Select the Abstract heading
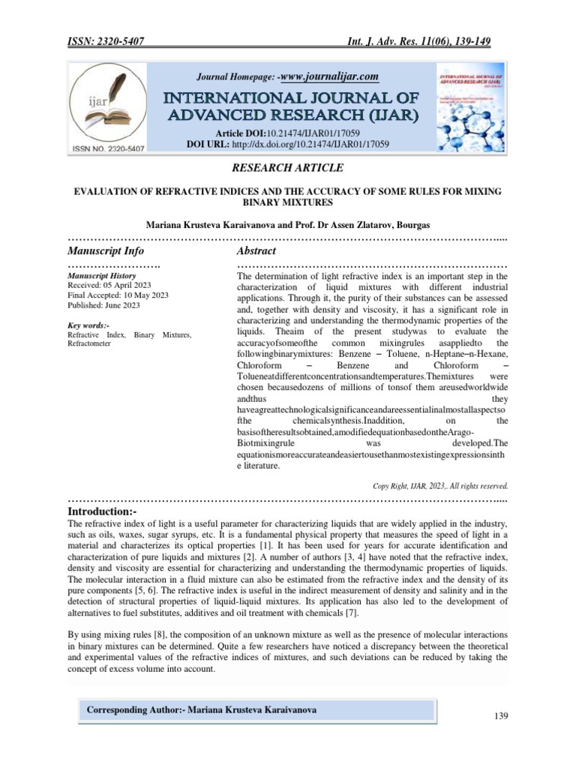click(256, 250)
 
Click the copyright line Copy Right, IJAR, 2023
click(440, 485)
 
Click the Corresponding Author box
click(258, 709)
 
